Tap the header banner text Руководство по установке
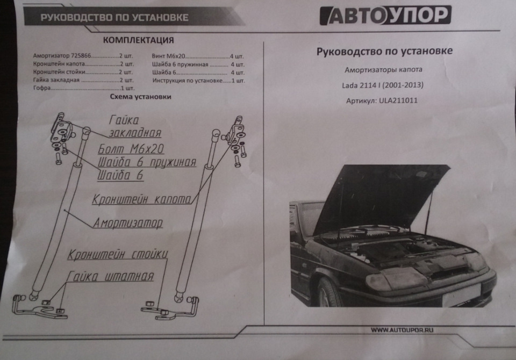[114, 17]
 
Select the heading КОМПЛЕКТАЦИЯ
[138, 40]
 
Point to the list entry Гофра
[42, 88]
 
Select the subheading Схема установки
[140, 97]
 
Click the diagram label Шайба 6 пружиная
[147, 162]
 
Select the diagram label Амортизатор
[128, 222]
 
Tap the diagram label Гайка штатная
[110, 277]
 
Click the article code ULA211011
[399, 100]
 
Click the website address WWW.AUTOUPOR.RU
[402, 330]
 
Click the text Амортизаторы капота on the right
[383, 70]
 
